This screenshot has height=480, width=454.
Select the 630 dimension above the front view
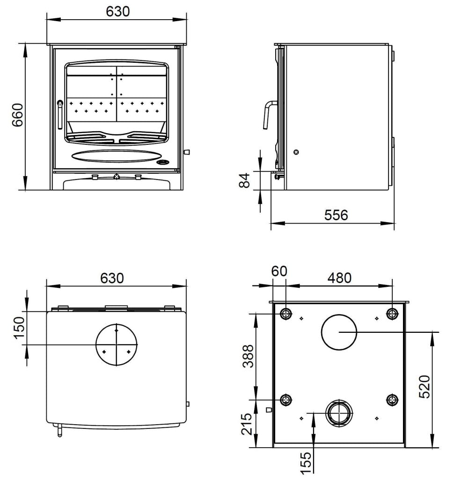pos(117,11)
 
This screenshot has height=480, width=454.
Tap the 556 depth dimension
pos(336,215)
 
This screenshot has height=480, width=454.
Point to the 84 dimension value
pos(245,180)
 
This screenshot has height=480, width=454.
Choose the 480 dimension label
pos(339,277)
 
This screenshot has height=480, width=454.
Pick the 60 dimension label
pos(279,271)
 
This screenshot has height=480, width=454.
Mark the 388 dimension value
pos(249,356)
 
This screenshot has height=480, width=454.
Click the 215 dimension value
pos(249,424)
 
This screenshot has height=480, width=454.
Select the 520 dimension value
pos(424,387)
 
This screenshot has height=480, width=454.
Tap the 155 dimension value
pos(305,463)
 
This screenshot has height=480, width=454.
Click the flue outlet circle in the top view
pos(117,345)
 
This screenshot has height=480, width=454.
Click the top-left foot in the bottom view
pos(286,313)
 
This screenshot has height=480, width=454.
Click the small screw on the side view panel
pos(296,152)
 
